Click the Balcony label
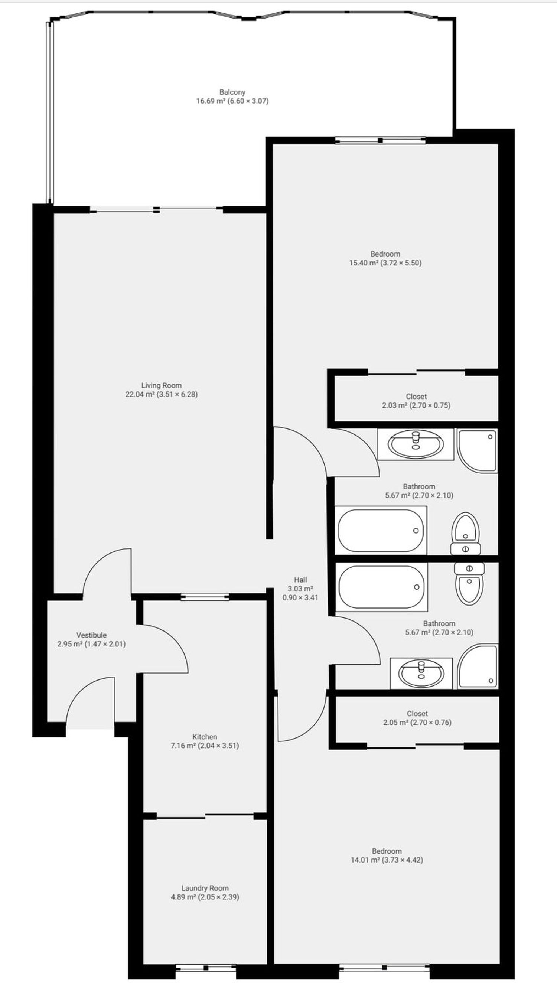[232, 92]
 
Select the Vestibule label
[92, 635]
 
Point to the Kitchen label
[205, 737]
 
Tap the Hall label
[300, 580]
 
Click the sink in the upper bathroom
[416, 444]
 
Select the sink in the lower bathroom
[421, 674]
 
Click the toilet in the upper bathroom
[465, 534]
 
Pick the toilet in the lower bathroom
[469, 584]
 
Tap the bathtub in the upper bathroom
[381, 531]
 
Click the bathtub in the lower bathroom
[382, 587]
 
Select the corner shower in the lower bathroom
[478, 666]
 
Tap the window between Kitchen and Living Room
[205, 597]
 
